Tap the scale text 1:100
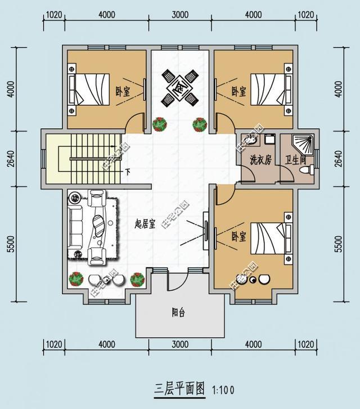[224, 389]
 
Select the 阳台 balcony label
[179, 313]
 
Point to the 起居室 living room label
[145, 224]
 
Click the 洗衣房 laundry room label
[260, 160]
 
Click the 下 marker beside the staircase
[128, 172]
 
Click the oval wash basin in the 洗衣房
[250, 140]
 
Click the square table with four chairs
[179, 87]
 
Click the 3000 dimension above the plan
[179, 15]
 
